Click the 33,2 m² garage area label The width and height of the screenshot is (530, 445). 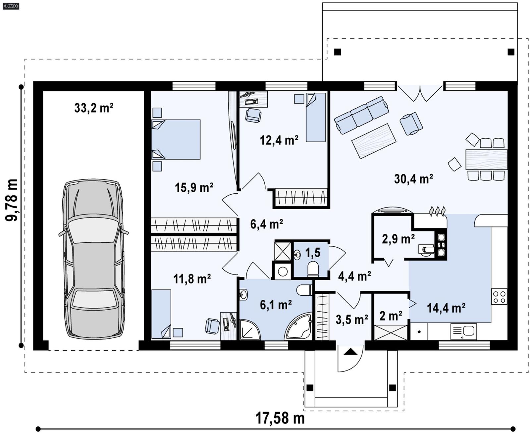(x=94, y=108)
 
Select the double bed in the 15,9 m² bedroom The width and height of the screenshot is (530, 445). (x=176, y=139)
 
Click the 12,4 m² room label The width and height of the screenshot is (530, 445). (x=279, y=140)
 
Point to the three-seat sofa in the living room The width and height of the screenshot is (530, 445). (x=361, y=115)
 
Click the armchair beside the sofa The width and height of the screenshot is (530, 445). (x=411, y=124)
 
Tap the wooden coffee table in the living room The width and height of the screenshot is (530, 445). (x=374, y=141)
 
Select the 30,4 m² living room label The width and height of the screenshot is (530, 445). (x=413, y=179)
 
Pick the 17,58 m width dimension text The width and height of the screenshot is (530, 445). (x=280, y=418)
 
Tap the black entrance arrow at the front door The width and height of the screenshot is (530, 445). (x=350, y=352)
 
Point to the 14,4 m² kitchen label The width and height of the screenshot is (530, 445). (x=446, y=308)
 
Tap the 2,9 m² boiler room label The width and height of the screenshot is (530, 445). (x=398, y=239)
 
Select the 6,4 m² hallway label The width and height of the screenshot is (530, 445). (x=266, y=224)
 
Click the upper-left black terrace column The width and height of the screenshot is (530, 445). (x=337, y=52)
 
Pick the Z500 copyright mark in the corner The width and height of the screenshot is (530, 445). (x=11, y=6)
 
